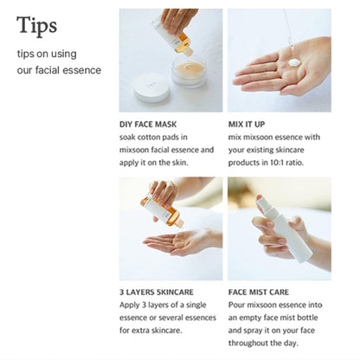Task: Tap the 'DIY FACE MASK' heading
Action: click(x=155, y=124)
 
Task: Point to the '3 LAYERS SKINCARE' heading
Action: click(x=164, y=292)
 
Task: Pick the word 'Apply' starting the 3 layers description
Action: click(x=131, y=305)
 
